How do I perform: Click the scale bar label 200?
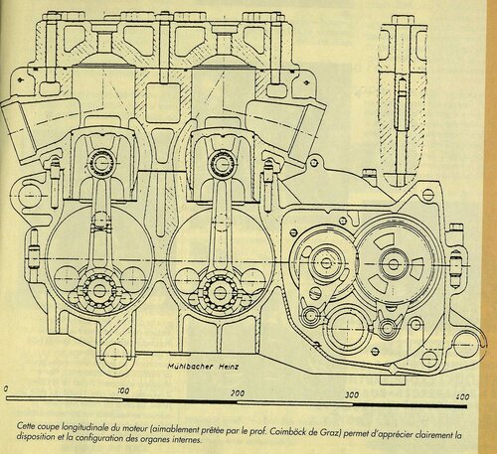pyautogui.click(x=238, y=393)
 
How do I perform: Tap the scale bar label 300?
pyautogui.click(x=352, y=394)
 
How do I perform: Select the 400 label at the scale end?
pyautogui.click(x=462, y=396)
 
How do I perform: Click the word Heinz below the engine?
pyautogui.click(x=228, y=367)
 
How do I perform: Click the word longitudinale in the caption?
pyautogui.click(x=82, y=428)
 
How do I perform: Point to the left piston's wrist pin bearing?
pyautogui.click(x=100, y=163)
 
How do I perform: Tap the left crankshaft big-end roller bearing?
pyautogui.click(x=98, y=290)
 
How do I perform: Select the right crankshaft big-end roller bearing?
pyautogui.click(x=218, y=291)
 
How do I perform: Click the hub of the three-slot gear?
pyautogui.click(x=394, y=264)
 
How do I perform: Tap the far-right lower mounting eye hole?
pyautogui.click(x=466, y=344)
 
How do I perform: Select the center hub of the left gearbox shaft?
pyautogui.click(x=326, y=263)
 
